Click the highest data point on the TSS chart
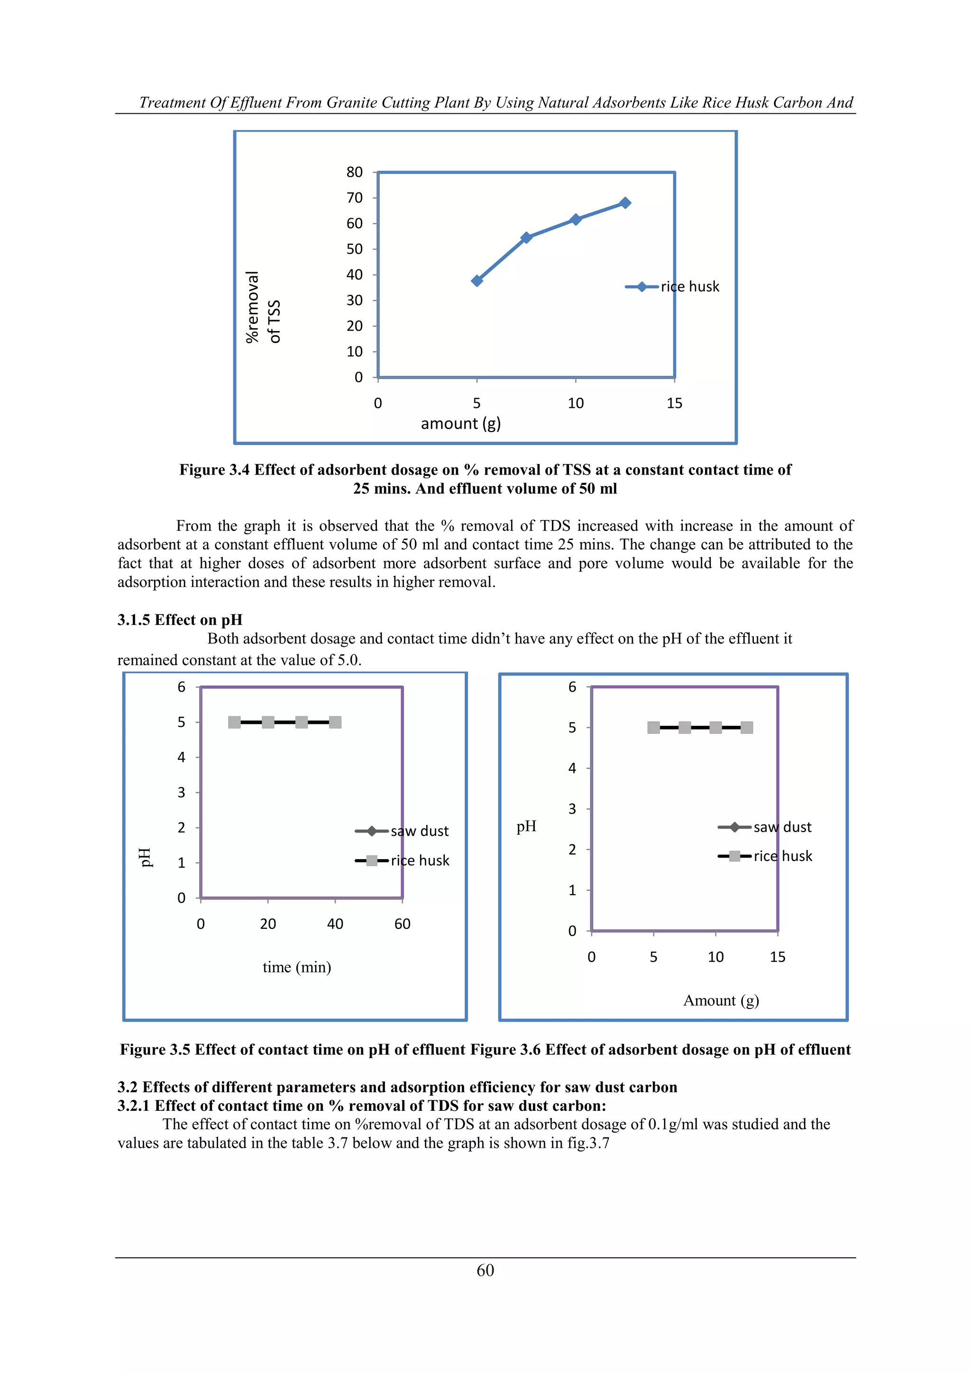point(625,203)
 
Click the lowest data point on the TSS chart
point(476,281)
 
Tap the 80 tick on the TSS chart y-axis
point(355,172)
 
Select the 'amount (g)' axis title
point(460,423)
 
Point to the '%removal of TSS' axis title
point(263,307)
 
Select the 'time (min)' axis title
point(296,967)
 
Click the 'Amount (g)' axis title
point(721,1000)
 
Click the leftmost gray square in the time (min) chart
point(234,723)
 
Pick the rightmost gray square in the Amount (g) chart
point(747,728)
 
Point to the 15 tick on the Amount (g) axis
point(777,957)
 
